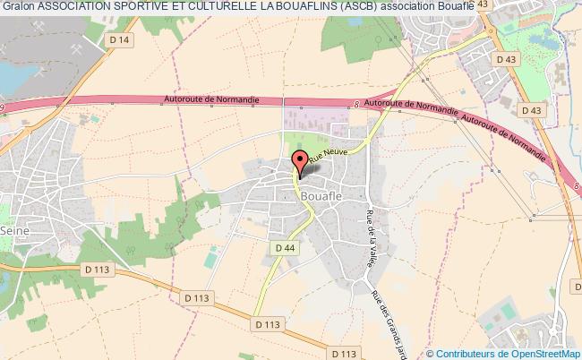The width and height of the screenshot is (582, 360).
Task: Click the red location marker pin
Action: click(x=301, y=162)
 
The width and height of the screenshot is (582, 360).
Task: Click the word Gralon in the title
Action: click(x=19, y=7)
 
